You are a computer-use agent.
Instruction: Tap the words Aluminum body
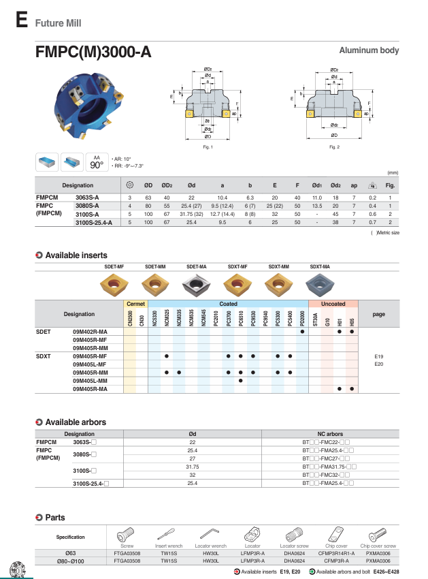coord(369,51)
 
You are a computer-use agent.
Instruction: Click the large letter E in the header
coord(21,20)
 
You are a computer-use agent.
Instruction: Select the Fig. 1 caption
coord(208,147)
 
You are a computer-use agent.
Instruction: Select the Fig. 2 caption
coord(333,147)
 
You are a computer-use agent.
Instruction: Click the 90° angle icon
coord(97,162)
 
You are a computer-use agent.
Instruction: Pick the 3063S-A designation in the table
coord(86,196)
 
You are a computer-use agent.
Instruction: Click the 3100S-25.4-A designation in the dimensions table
coord(93,223)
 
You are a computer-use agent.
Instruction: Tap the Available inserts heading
coord(76,255)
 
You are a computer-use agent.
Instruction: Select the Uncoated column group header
coord(332,304)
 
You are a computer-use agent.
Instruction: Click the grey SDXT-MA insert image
coord(319,283)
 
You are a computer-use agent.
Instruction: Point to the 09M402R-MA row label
coord(90,331)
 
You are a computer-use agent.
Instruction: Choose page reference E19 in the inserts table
coord(379,356)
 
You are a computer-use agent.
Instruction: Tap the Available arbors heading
coord(75,423)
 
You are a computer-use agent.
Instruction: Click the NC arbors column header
coord(330,433)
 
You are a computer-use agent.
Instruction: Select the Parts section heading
coord(54,518)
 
